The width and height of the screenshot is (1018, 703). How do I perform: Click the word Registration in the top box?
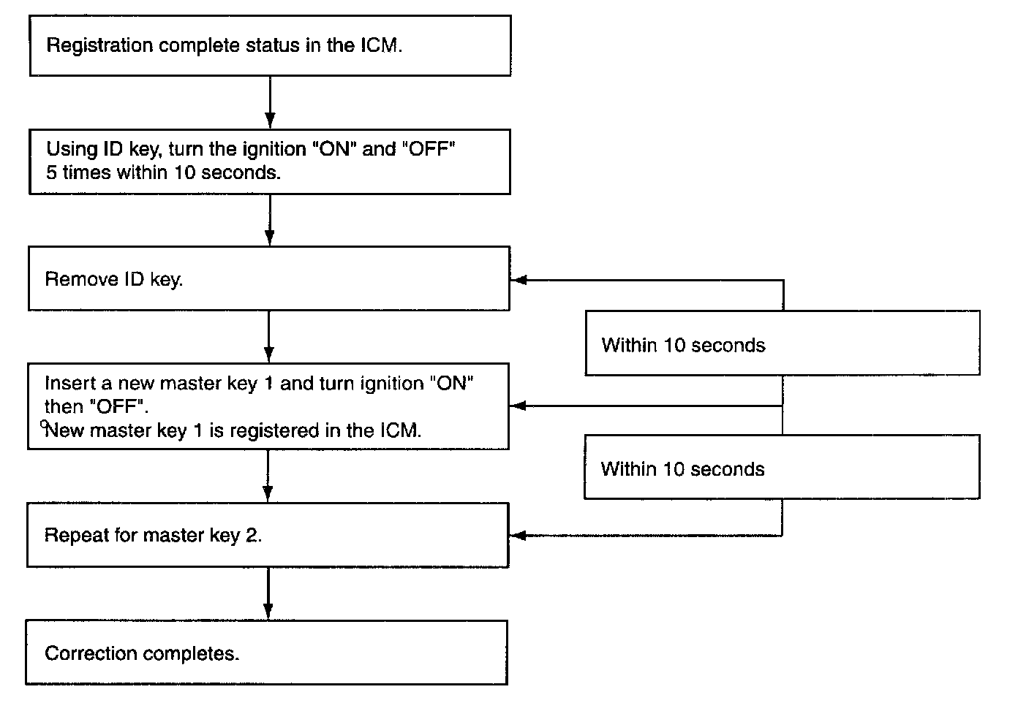point(99,46)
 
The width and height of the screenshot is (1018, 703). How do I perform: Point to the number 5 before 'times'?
point(51,172)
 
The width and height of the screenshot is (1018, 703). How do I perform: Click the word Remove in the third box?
point(81,279)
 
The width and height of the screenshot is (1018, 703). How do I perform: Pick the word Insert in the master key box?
point(69,384)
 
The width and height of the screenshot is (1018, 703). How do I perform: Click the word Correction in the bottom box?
point(91,653)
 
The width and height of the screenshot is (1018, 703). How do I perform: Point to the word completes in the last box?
point(189,655)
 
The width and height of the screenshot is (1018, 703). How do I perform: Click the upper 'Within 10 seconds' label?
point(683,345)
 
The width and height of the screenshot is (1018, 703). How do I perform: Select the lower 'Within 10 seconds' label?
point(682,469)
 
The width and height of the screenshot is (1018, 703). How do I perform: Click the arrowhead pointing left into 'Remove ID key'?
point(519,280)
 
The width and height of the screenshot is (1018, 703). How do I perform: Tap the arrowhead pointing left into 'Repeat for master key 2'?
point(518,536)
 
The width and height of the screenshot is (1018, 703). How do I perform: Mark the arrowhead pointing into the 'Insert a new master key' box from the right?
point(518,406)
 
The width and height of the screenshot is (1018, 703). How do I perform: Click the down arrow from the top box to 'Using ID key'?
point(270,102)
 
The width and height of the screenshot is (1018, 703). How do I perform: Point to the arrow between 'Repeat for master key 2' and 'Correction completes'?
point(268,593)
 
